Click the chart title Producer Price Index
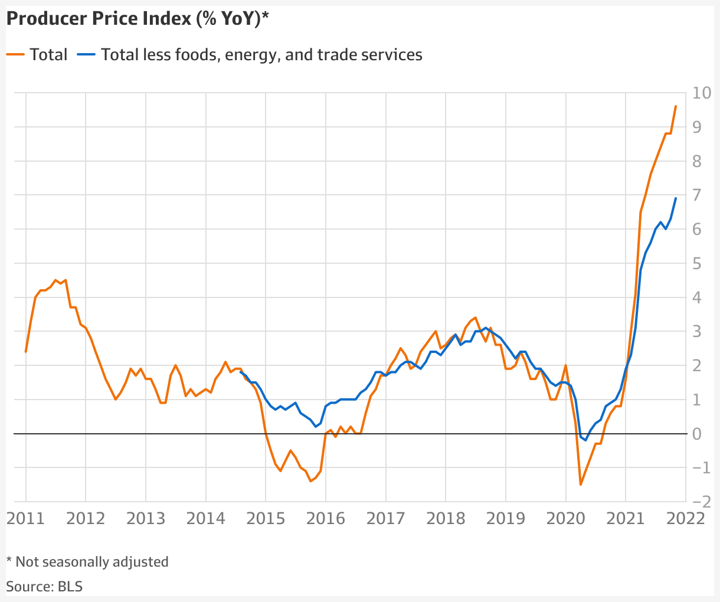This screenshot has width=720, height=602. coord(137,19)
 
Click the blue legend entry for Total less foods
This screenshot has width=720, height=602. coord(250,55)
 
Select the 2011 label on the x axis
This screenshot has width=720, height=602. coord(25,519)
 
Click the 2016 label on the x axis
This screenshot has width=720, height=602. coord(325,519)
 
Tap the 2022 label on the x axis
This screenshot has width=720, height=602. coord(685,519)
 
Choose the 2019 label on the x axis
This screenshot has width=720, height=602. coord(505,519)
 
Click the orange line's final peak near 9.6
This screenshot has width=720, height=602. coord(676,106)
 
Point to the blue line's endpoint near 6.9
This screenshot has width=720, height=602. coord(676,198)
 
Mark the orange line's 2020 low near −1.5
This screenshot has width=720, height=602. coord(581,485)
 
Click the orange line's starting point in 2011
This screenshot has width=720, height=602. coord(26,352)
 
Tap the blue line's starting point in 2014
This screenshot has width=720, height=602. coord(240,372)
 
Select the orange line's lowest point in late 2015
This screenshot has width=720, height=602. coord(310,481)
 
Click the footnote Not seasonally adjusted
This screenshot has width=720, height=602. coord(87,562)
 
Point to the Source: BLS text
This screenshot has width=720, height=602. coord(44,587)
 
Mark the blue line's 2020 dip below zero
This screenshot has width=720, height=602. coord(585,440)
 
